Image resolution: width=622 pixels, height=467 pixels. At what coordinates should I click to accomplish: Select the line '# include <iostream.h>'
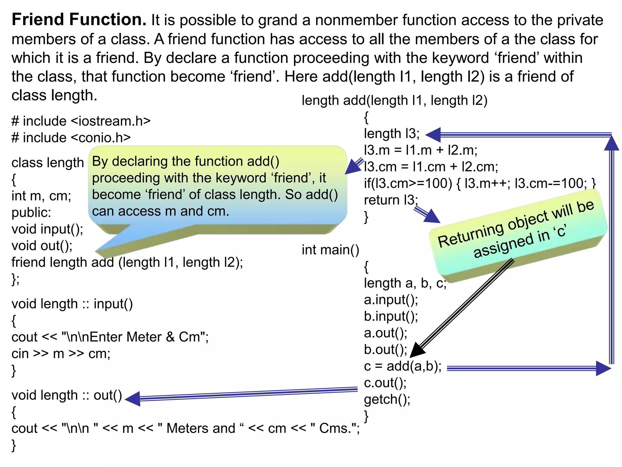coord(81,121)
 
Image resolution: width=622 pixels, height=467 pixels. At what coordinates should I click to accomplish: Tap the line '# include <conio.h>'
coord(71,138)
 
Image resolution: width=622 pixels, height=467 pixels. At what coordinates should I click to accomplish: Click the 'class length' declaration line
coord(47,163)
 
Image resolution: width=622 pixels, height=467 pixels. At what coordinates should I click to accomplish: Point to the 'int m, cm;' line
coord(41,196)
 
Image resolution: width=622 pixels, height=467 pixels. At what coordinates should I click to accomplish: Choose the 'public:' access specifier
coord(31,213)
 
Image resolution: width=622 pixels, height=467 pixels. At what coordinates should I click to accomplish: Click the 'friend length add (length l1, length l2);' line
coord(127,262)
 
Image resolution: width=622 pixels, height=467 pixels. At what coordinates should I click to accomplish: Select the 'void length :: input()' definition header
coord(72,304)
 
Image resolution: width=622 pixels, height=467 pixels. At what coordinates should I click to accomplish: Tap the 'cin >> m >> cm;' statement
coord(61,354)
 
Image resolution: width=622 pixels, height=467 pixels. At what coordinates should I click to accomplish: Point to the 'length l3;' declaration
coord(392,133)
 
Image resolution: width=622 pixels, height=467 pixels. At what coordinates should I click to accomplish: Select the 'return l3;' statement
coord(391,200)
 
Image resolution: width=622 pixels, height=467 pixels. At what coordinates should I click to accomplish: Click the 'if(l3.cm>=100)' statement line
coord(480,183)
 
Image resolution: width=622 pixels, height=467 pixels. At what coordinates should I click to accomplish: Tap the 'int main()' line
coord(330,250)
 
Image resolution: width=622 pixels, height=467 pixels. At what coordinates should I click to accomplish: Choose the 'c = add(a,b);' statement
coord(403,366)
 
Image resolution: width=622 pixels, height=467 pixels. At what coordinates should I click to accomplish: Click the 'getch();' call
coord(387,400)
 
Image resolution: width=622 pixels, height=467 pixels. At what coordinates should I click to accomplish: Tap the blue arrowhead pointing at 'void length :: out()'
coord(133,399)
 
